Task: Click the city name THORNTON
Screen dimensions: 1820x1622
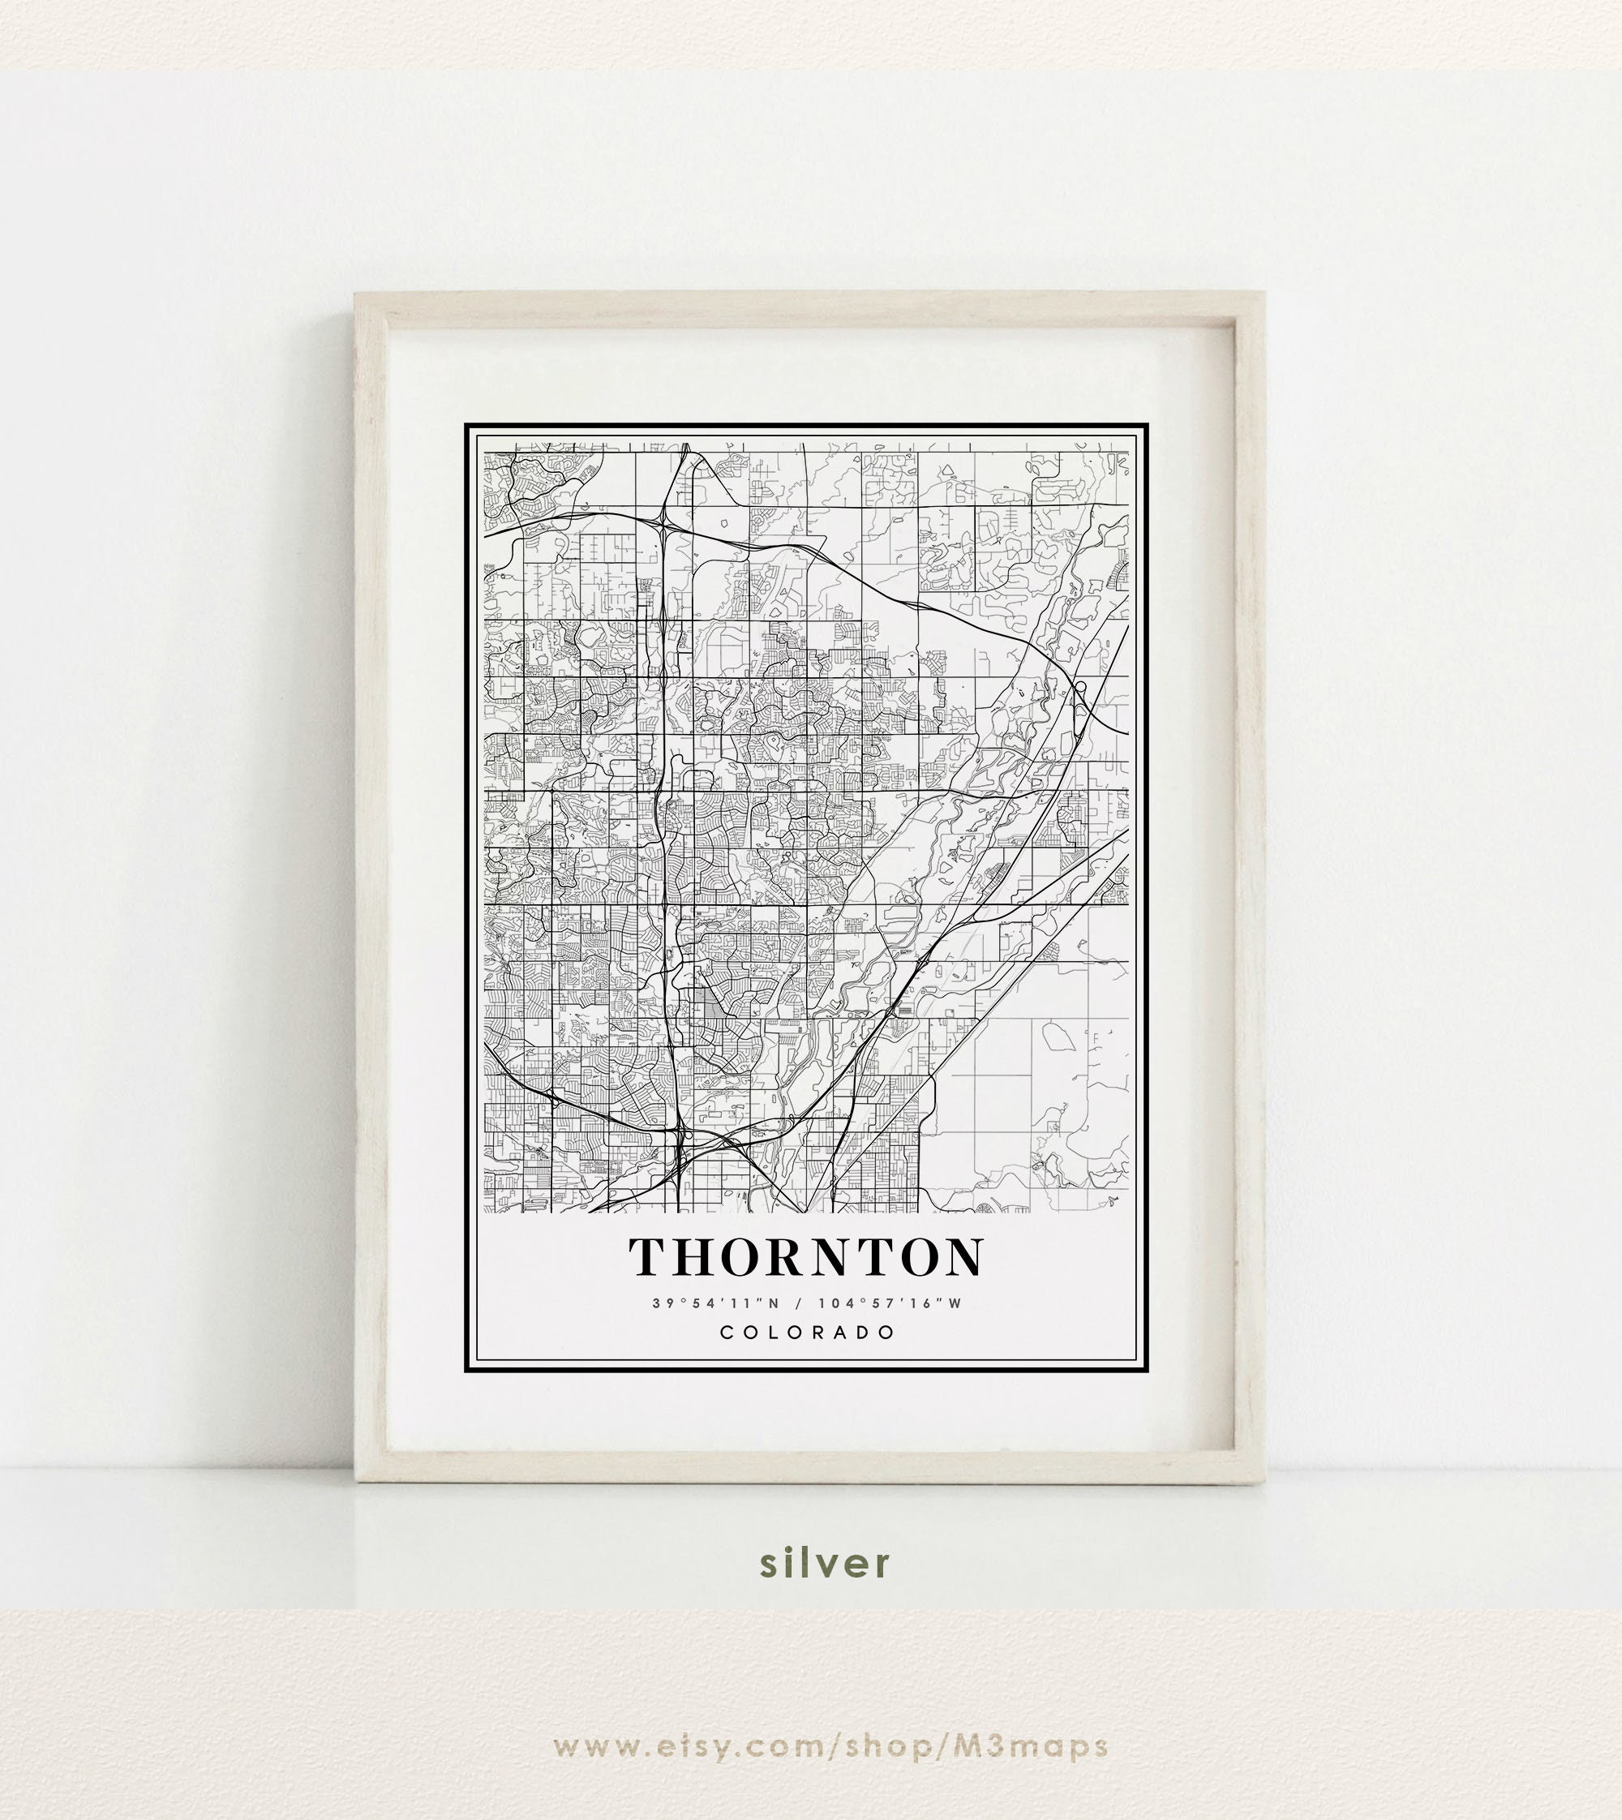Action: [807, 1256]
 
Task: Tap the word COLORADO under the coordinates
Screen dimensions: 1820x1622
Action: [808, 1333]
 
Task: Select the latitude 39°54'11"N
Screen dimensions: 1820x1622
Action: [715, 1303]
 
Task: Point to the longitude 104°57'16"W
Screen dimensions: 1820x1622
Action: [890, 1303]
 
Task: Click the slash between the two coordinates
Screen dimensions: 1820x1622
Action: [799, 1303]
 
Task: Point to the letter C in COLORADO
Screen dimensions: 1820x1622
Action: [727, 1333]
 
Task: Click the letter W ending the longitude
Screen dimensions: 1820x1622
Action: [955, 1303]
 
